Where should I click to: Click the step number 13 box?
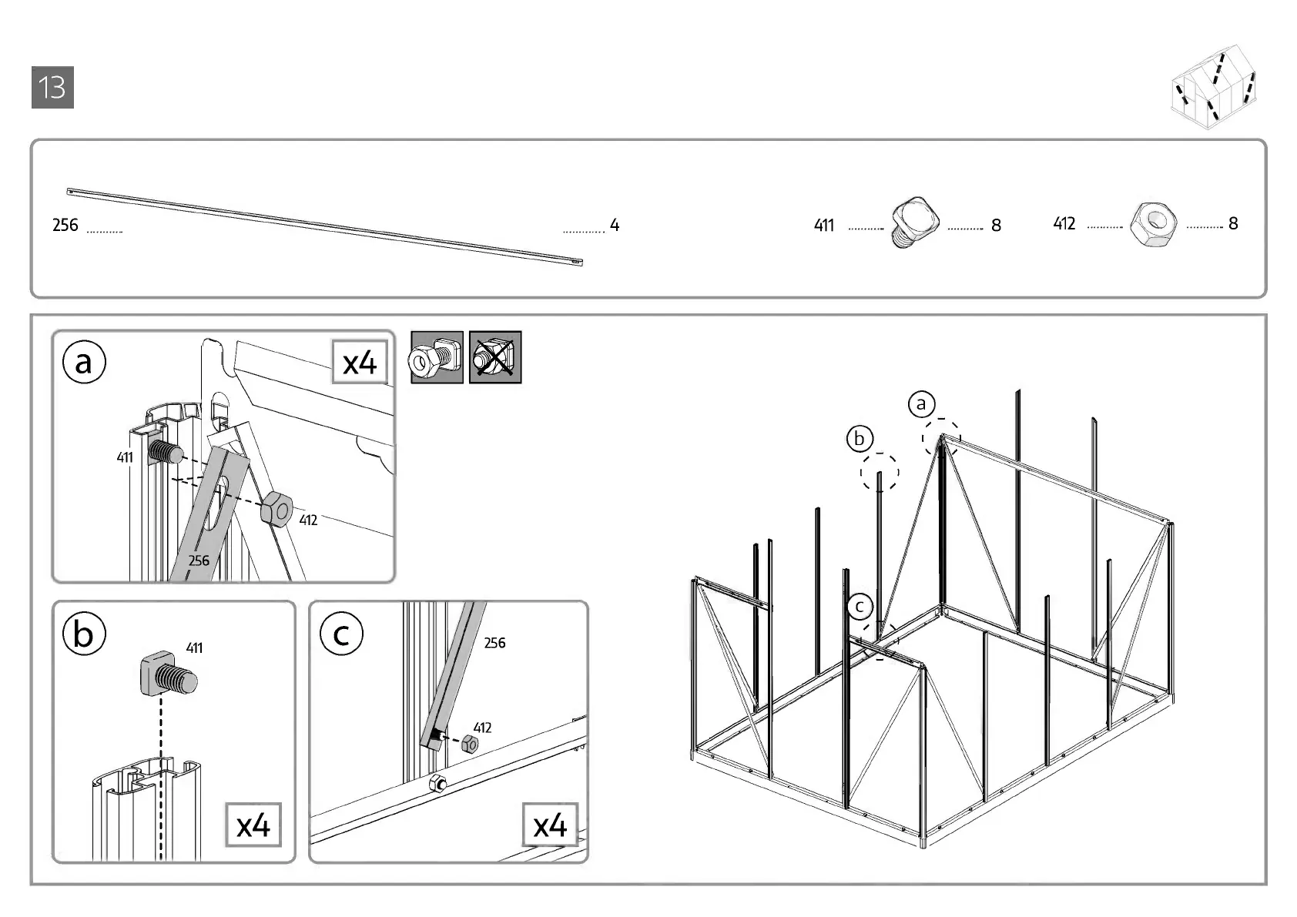click(52, 88)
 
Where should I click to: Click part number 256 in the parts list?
click(65, 225)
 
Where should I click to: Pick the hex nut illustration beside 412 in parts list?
click(1153, 223)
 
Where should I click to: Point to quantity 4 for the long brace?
click(615, 225)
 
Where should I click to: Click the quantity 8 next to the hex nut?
click(1233, 223)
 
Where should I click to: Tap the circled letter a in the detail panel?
click(84, 362)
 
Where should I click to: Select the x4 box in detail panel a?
click(360, 362)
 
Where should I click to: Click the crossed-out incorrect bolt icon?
click(495, 357)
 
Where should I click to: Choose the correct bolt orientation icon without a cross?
click(437, 357)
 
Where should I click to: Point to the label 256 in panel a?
click(199, 561)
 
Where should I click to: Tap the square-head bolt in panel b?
click(168, 675)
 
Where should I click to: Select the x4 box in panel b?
click(253, 825)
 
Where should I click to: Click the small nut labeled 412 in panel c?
click(470, 745)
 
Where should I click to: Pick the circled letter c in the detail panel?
click(341, 634)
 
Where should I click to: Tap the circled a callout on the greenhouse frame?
click(921, 403)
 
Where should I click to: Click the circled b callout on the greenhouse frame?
click(860, 439)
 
